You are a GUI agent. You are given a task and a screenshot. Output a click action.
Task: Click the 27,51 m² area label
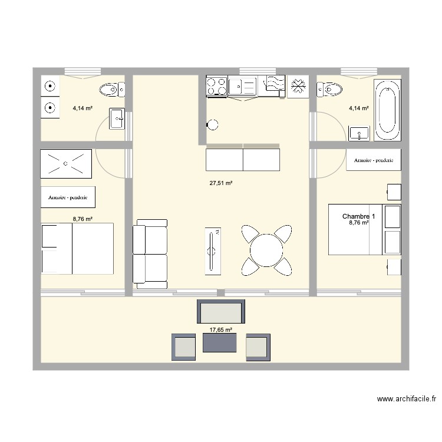tap(221, 183)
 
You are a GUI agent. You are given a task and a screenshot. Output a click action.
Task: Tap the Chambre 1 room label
tap(358, 216)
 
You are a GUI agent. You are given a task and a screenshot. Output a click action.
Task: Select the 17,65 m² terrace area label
tap(221, 331)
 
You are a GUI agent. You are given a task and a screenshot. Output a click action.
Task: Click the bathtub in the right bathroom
tap(388, 110)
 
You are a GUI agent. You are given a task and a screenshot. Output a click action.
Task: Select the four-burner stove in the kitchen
tap(216, 86)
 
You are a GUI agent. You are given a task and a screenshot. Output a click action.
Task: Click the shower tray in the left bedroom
tap(66, 163)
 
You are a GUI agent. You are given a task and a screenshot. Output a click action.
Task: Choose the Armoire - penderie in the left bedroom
tap(68, 197)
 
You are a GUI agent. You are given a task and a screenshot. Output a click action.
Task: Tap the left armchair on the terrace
tap(183, 347)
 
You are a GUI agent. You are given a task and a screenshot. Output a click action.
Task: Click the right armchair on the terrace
tap(258, 347)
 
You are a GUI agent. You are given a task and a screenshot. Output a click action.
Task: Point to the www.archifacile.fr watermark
tap(407, 399)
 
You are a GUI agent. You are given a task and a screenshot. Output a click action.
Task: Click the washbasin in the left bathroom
tap(117, 120)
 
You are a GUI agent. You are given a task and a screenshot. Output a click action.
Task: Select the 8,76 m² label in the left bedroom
tap(83, 219)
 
